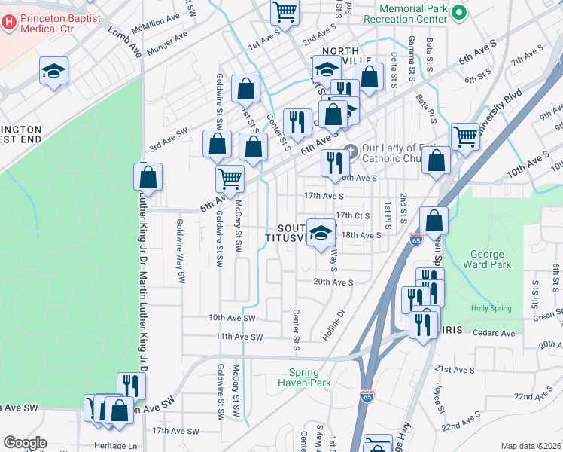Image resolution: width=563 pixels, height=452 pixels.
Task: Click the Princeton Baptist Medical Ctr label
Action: [x=58, y=22]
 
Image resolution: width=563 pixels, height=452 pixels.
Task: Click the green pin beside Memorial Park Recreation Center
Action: [x=461, y=13]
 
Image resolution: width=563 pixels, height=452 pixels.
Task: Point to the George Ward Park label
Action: [x=490, y=259]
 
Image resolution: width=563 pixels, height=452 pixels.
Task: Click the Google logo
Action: [x=24, y=443]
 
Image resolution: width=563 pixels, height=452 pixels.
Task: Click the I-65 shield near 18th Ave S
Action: [x=416, y=240]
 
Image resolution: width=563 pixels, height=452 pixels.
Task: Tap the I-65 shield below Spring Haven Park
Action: [x=366, y=397]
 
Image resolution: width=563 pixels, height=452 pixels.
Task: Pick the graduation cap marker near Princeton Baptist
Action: [x=53, y=72]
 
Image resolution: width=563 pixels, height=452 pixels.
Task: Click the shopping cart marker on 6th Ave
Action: [x=230, y=179]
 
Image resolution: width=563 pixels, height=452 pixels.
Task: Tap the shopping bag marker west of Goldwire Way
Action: [x=148, y=178]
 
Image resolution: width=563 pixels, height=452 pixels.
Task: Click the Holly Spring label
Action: [x=490, y=308]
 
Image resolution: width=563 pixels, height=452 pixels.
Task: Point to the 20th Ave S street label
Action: [x=333, y=282]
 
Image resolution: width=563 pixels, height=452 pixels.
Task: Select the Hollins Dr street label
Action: [x=334, y=324]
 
